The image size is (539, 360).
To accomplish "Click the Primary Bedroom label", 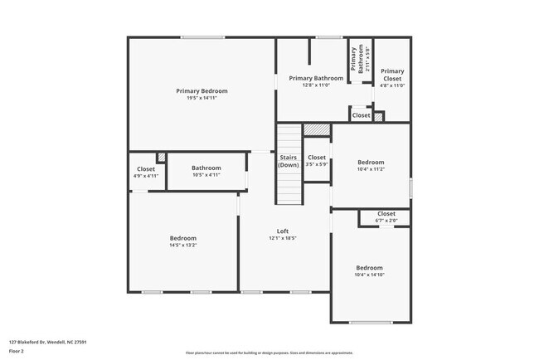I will click(x=202, y=90).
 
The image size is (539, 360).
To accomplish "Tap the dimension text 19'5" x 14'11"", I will click(x=202, y=98).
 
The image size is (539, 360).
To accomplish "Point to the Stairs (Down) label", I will click(x=288, y=161).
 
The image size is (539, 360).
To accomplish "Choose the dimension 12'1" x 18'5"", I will click(x=283, y=238).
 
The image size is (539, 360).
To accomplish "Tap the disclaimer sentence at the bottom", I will click(x=269, y=352).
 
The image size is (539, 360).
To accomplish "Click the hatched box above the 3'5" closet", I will click(x=316, y=130).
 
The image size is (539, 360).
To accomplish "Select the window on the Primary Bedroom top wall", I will click(x=202, y=36).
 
